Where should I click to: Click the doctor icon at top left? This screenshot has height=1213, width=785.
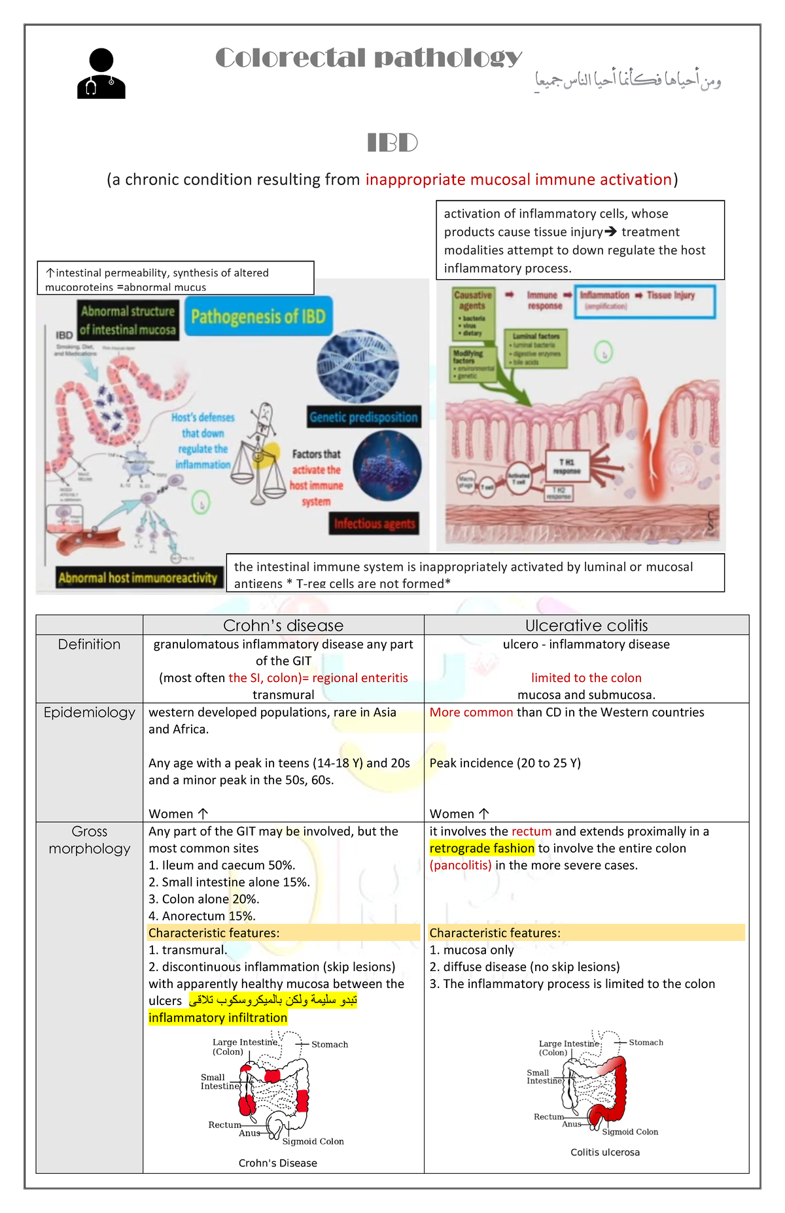pos(101,73)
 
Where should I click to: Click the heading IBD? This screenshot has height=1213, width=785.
pos(392,143)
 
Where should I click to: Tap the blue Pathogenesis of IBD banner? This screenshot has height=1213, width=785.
pos(258,316)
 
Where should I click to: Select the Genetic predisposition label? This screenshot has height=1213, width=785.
pos(363,417)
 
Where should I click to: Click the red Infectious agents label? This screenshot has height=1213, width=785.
pos(374,524)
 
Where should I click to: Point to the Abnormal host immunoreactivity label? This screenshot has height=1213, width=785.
pos(137,577)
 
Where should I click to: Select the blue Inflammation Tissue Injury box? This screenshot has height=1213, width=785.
pos(644,301)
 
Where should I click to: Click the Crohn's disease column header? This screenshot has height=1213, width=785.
pos(283,625)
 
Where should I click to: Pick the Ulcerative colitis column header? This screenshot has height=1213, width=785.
pos(586,625)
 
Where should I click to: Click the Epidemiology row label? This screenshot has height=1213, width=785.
pos(90,712)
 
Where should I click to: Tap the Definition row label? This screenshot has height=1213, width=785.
pos(90,644)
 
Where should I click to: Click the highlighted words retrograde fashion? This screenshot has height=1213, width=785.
pos(482,848)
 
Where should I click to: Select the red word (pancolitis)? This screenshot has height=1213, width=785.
pos(461,865)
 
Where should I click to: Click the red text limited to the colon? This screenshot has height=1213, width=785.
pos(586,677)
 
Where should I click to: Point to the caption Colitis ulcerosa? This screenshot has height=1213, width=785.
pos(605,1152)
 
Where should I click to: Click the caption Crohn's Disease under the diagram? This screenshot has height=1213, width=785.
pos(278,1163)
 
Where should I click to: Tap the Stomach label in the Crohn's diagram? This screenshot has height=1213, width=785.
pos(330,1044)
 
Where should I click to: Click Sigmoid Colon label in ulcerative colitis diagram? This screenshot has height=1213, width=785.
pos(630,1132)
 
